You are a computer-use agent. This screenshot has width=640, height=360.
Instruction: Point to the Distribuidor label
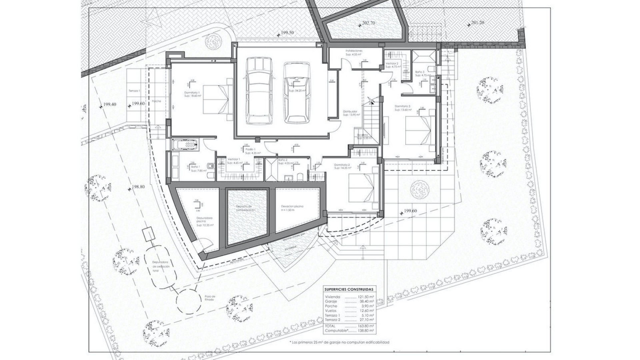pyautogui.click(x=350, y=113)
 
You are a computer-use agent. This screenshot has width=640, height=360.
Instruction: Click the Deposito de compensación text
pyautogui.click(x=246, y=208)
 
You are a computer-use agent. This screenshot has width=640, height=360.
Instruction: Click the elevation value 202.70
pyautogui.click(x=368, y=23)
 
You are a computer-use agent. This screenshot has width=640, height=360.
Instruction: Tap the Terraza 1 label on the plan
pyautogui.click(x=134, y=91)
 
